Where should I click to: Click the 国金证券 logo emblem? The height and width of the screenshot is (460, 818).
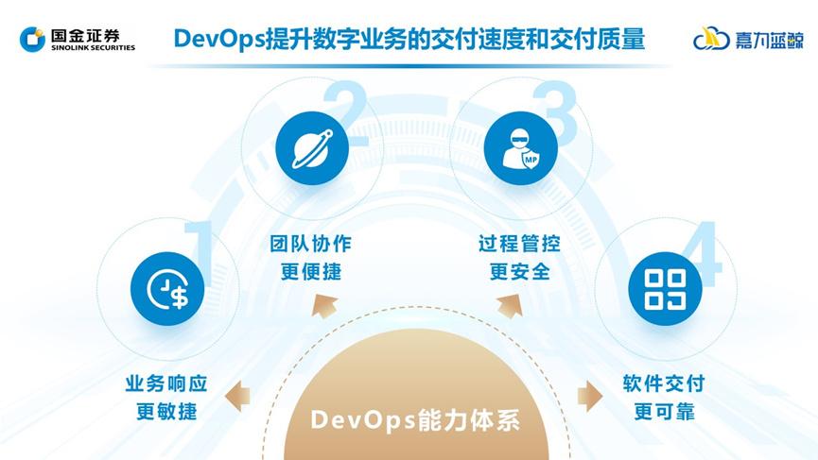point(33,38)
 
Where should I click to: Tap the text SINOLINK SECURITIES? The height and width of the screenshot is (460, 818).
point(93,47)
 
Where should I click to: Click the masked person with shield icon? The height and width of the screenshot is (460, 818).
point(515,148)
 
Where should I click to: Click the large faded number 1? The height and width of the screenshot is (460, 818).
point(200,248)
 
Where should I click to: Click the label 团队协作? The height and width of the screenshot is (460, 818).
point(310,244)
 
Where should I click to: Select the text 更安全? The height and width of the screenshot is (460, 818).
point(519,272)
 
